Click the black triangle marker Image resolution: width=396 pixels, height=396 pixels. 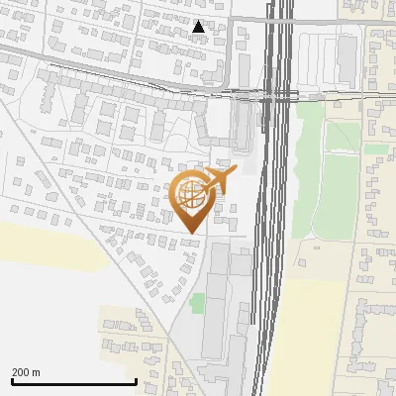pos(199,27)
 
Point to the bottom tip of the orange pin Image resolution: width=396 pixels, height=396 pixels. pos(190,234)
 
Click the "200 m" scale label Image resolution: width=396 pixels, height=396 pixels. pos(27,372)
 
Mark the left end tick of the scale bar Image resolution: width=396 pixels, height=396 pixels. pos(12,381)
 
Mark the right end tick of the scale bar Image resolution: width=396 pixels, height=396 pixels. pos(136,381)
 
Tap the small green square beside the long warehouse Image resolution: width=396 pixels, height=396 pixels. pos(197,302)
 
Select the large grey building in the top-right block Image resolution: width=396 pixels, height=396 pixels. pos(346,59)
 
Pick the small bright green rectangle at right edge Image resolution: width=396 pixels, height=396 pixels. pos(375,148)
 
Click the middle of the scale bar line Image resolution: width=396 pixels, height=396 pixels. pos(74,382)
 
